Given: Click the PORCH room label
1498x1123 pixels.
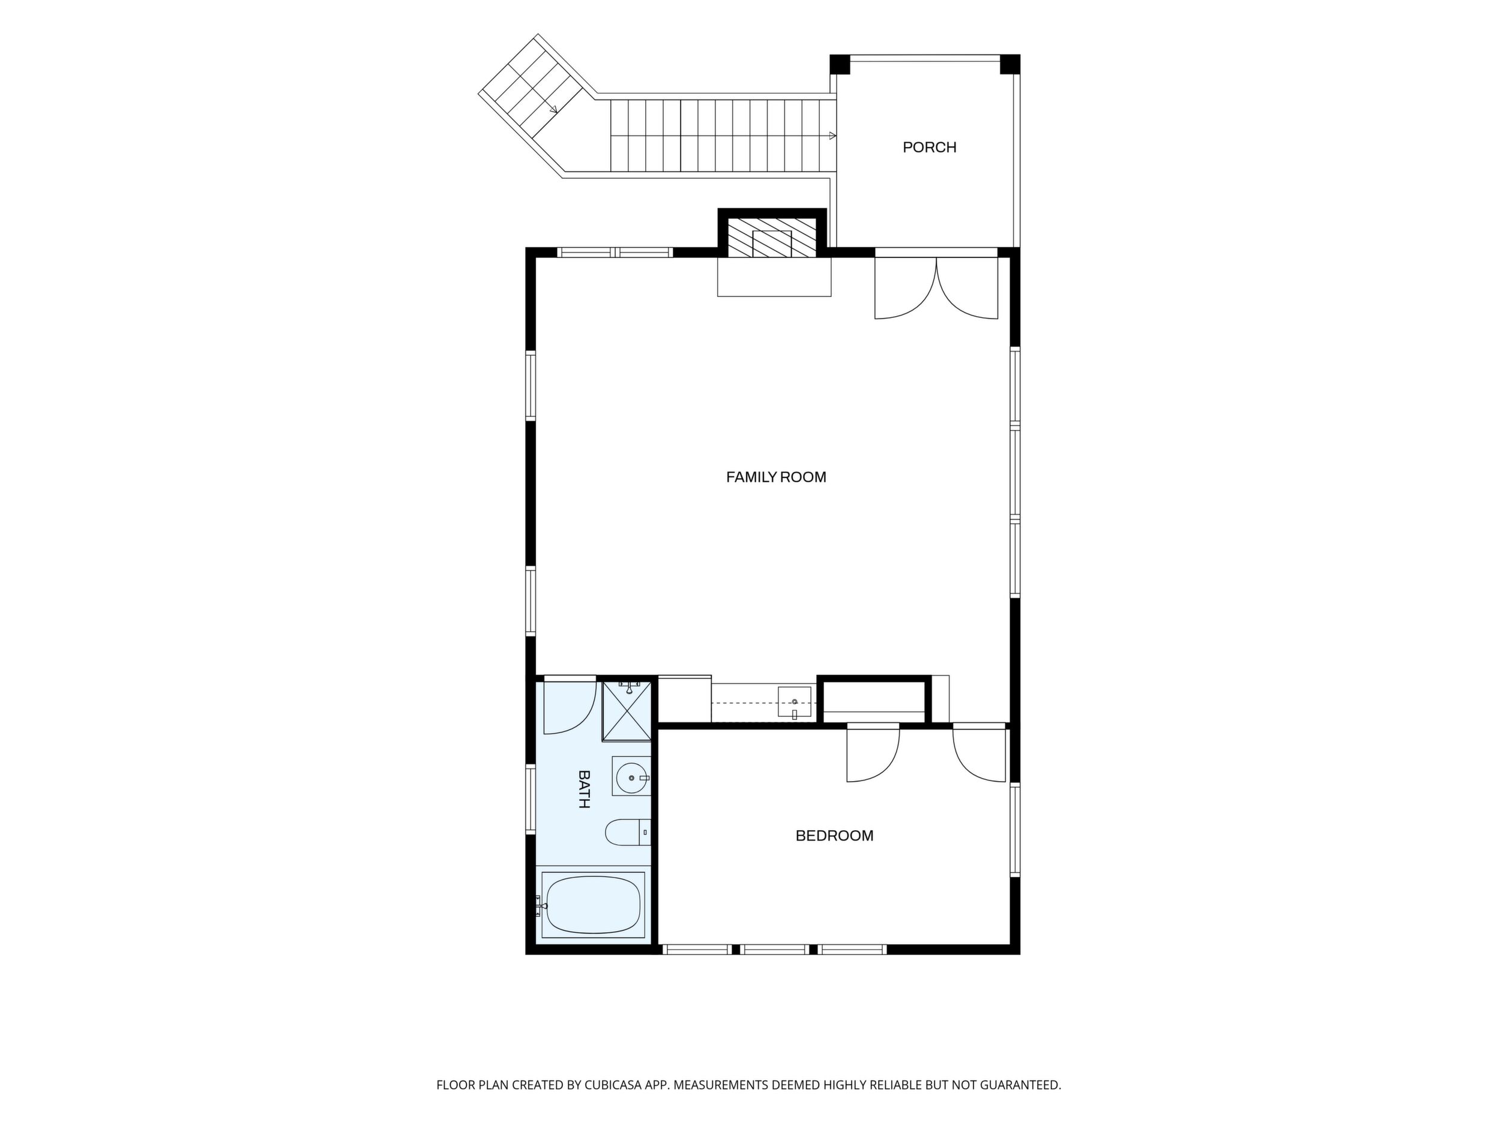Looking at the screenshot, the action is click(929, 147).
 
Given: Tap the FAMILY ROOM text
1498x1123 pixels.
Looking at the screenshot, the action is click(776, 478).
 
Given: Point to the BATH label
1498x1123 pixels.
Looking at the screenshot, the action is click(584, 789).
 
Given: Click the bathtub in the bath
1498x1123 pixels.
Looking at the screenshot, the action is click(593, 905).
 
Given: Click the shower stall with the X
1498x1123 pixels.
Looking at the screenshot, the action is click(627, 711).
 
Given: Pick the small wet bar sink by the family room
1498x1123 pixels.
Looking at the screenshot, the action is click(795, 702).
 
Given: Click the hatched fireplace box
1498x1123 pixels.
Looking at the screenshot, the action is click(771, 238).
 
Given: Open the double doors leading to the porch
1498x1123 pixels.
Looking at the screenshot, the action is click(937, 284).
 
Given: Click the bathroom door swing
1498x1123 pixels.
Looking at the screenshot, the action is click(570, 705).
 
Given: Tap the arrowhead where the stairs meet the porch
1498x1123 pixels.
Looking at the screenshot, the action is click(832, 136).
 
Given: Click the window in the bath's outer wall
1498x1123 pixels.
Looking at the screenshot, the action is click(531, 799).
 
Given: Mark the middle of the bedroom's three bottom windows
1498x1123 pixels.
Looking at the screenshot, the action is click(775, 950).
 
